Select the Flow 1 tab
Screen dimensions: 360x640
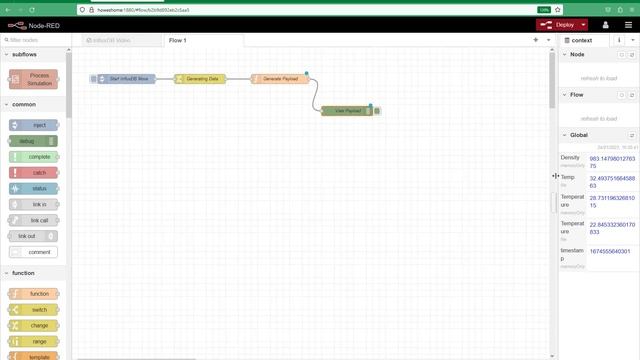(x=177, y=40)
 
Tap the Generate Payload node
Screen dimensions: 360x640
(x=279, y=78)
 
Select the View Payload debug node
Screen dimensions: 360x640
(x=347, y=111)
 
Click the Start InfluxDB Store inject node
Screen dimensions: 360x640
(x=127, y=78)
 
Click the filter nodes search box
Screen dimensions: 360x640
(x=35, y=40)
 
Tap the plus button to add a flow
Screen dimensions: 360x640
(x=535, y=40)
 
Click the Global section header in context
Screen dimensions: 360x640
(x=580, y=134)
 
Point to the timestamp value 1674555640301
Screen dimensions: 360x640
(x=610, y=251)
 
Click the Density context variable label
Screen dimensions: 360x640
(x=570, y=157)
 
